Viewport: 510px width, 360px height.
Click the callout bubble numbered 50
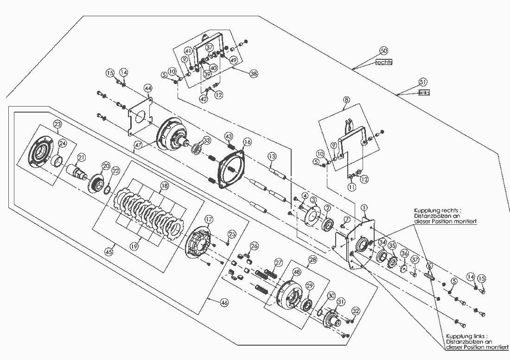(383, 50)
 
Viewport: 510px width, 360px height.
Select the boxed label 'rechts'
(384, 62)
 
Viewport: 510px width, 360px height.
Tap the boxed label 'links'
(424, 93)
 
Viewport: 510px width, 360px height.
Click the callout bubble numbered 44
(148, 88)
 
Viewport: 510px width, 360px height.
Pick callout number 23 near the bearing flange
(57, 124)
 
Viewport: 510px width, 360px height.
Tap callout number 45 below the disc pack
(109, 252)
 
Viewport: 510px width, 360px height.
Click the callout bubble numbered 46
(224, 302)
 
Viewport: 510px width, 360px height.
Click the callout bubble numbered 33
(206, 139)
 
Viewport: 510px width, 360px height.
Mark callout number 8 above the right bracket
(345, 99)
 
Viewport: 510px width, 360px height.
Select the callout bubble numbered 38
(253, 73)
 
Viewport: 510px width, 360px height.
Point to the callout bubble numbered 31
(341, 302)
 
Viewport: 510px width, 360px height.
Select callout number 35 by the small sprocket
(392, 246)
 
